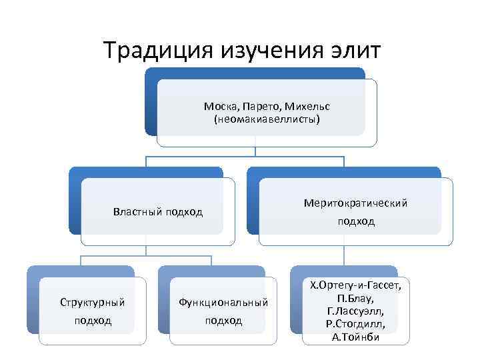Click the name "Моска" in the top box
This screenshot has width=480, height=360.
(x=219, y=107)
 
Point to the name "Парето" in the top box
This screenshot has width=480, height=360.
(x=255, y=107)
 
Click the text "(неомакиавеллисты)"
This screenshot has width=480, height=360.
(x=267, y=120)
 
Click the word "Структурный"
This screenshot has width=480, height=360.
(x=93, y=303)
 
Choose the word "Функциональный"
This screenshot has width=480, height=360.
(x=223, y=303)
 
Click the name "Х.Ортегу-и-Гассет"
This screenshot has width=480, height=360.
(x=355, y=286)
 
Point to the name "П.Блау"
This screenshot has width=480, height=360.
(x=355, y=298)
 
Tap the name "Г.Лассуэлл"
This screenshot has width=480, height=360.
(x=355, y=311)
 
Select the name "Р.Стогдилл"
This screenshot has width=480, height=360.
(x=355, y=324)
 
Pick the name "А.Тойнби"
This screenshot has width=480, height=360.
(x=355, y=337)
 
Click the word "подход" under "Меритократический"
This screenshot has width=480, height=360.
(x=355, y=221)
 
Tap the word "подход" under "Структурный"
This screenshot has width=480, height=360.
(x=93, y=321)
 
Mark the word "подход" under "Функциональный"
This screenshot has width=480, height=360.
(x=223, y=321)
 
